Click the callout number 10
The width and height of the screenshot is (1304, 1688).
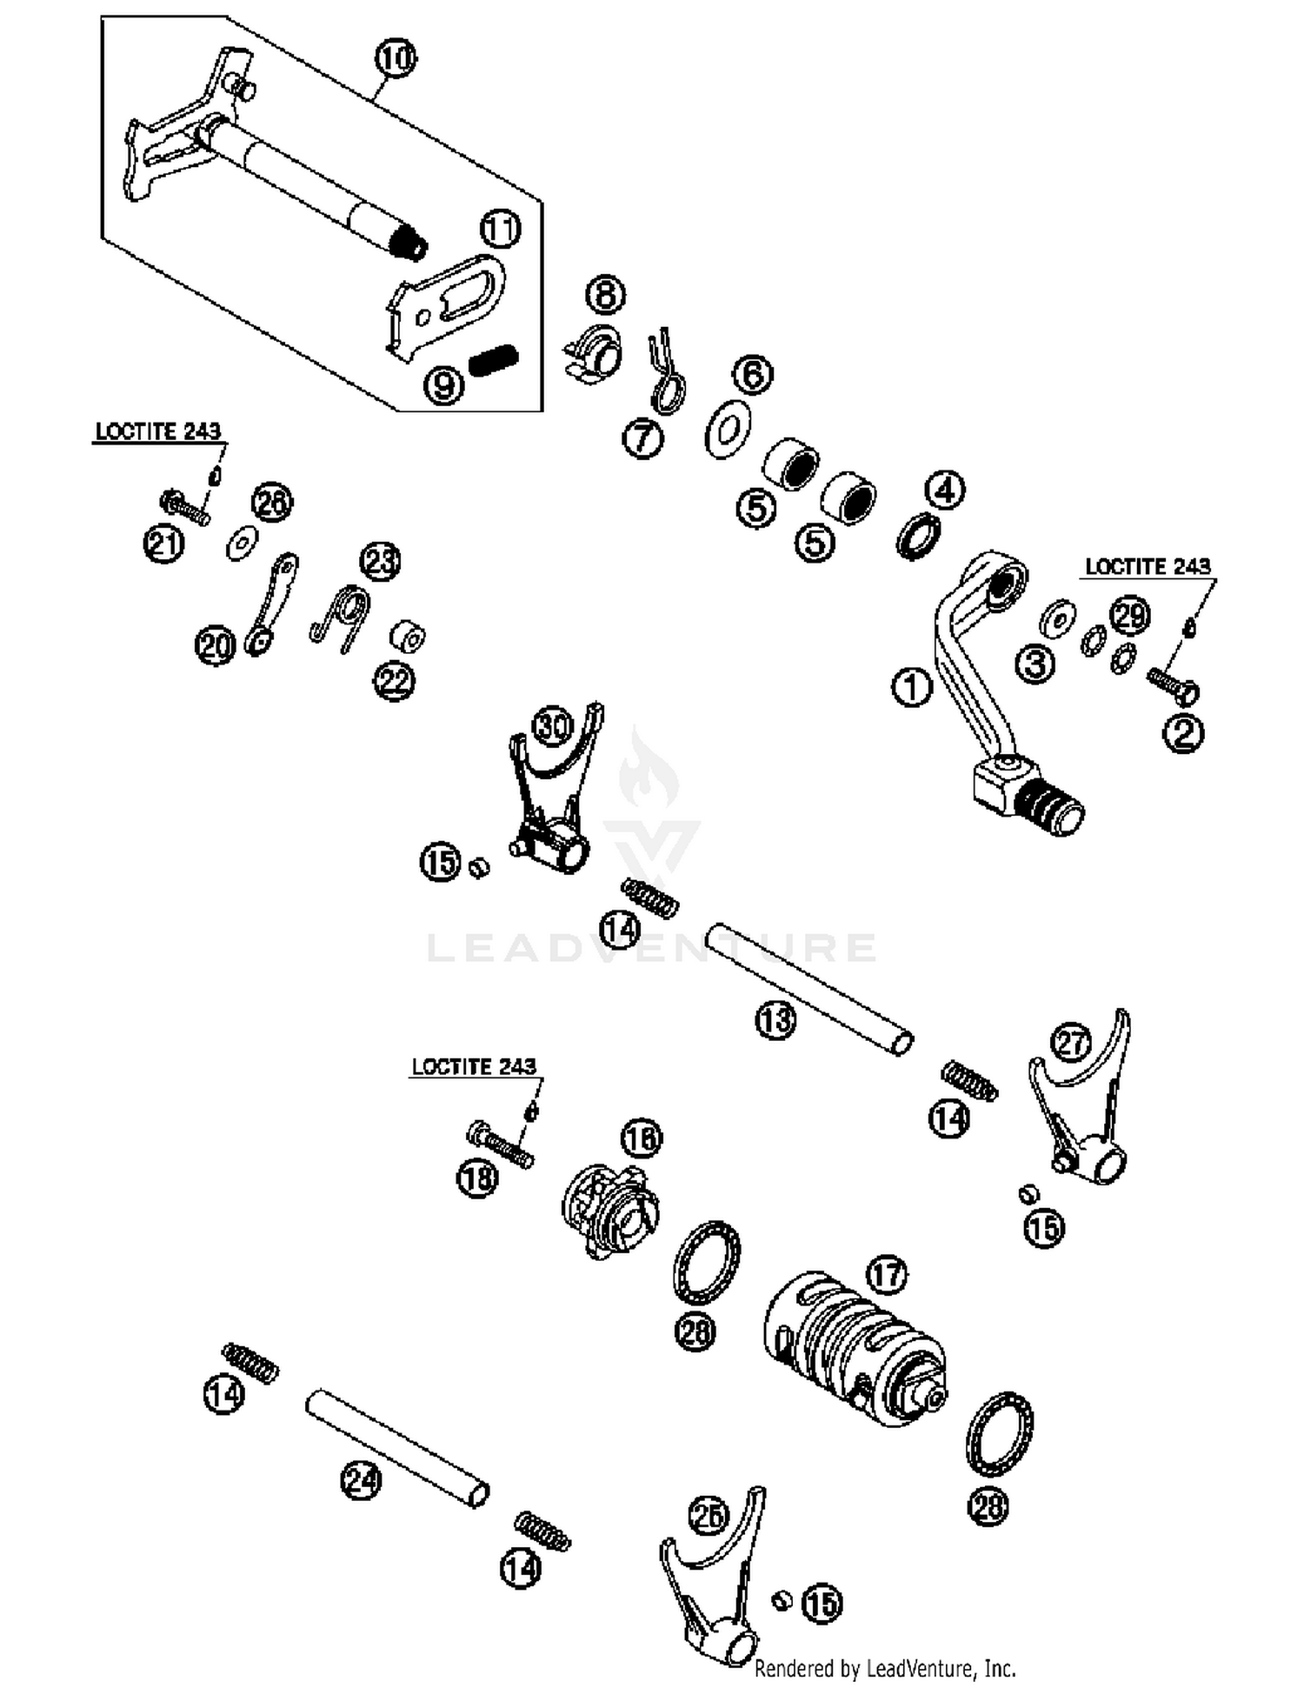coord(396,59)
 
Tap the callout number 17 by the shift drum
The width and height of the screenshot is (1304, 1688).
coord(886,1275)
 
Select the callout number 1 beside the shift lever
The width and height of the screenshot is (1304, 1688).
coord(911,688)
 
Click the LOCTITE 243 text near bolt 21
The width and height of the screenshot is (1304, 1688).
coord(157,431)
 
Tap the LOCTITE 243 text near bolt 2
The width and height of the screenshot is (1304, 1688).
coord(1148,566)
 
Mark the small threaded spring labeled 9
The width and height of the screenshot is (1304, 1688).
coord(493,359)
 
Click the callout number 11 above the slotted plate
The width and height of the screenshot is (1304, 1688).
coord(500,230)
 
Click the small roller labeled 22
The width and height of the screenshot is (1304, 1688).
coord(407,637)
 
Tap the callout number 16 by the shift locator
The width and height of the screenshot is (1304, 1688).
coord(642,1138)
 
